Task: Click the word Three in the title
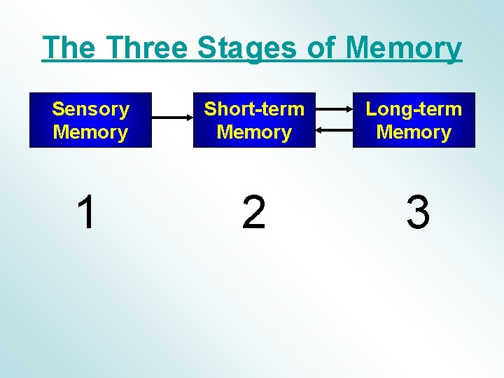pos(149,48)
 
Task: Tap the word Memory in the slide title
pos(404,48)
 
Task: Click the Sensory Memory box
pos(90,120)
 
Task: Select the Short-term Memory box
pos(254,120)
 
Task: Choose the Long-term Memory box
pos(414,120)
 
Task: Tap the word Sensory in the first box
pos(90,109)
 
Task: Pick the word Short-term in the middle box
pos(254,109)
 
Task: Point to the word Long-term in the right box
pos(414,109)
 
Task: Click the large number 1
pos(86,213)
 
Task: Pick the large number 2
pos(253,213)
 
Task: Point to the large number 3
pos(418,213)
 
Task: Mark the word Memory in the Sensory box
pos(90,132)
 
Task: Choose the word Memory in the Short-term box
pos(254,132)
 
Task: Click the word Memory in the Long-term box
pos(414,132)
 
